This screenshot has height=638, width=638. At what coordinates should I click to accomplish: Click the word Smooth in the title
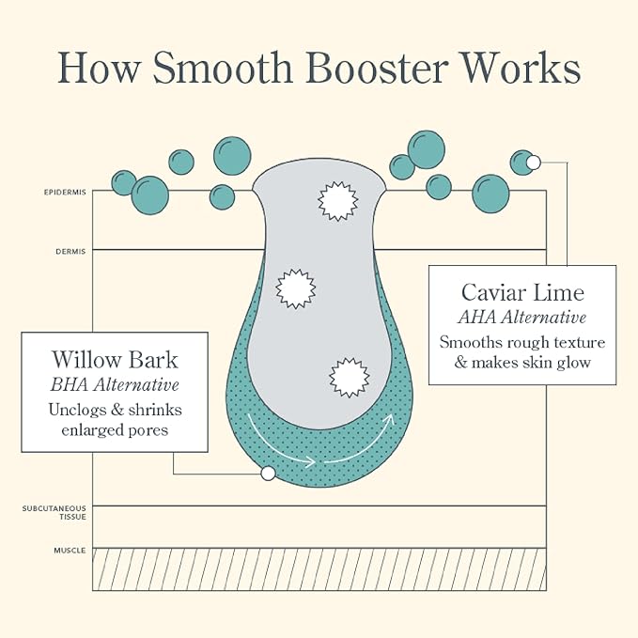[206, 70]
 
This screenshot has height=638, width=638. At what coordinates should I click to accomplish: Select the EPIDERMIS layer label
[65, 193]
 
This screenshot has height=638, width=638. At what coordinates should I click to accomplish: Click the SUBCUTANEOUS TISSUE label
[55, 513]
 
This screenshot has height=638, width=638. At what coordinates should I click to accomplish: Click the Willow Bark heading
[115, 360]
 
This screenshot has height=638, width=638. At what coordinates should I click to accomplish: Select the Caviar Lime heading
[521, 292]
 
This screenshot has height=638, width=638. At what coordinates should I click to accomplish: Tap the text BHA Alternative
[115, 385]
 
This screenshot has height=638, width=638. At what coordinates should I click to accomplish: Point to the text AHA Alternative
[521, 318]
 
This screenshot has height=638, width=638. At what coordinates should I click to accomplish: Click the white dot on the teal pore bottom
[268, 474]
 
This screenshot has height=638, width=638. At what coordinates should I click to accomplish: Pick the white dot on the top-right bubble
[534, 163]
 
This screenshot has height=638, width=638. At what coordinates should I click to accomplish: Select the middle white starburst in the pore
[295, 288]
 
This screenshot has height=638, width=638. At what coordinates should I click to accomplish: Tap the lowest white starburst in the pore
[349, 376]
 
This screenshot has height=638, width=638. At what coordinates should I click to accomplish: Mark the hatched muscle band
[319, 569]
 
